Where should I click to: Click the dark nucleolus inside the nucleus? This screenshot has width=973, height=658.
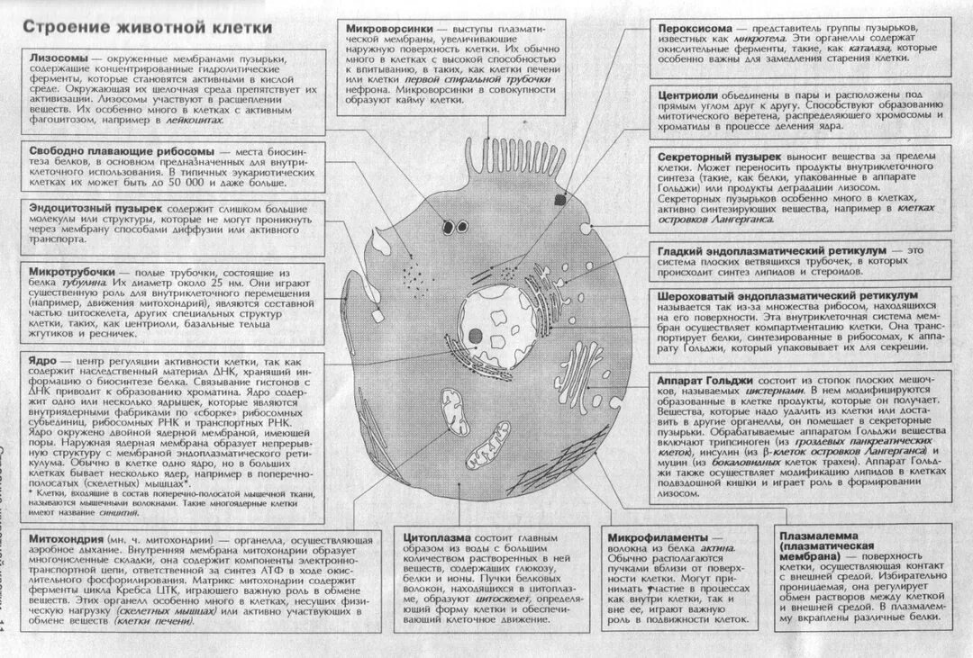pos(475,337)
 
